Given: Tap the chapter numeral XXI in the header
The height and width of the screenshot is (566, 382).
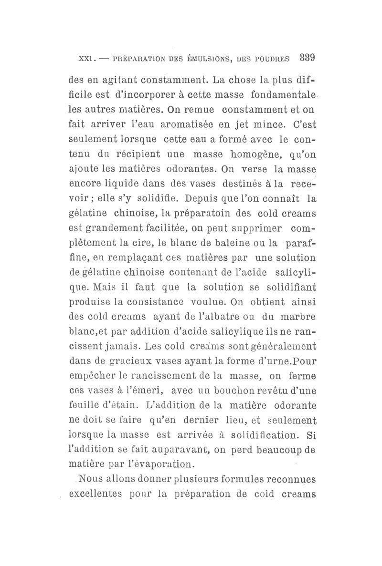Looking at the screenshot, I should (x=78, y=59).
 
